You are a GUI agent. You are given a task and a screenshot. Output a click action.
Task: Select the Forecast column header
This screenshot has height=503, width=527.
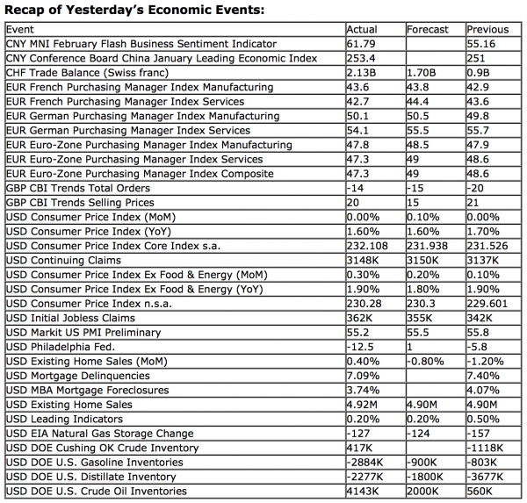click(x=428, y=29)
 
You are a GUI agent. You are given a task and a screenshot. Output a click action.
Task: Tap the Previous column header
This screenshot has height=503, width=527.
click(x=487, y=29)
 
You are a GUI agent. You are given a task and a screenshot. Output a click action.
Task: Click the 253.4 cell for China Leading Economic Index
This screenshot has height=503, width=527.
click(x=361, y=58)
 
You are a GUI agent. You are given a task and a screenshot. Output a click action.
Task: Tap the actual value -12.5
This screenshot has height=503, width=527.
click(x=361, y=348)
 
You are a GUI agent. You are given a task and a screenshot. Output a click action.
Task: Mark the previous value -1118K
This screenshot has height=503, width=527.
click(x=487, y=449)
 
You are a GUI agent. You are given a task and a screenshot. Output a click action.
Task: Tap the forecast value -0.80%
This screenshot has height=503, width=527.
click(x=426, y=362)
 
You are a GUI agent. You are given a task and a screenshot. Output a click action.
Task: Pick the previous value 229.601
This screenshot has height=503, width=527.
click(x=488, y=304)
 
